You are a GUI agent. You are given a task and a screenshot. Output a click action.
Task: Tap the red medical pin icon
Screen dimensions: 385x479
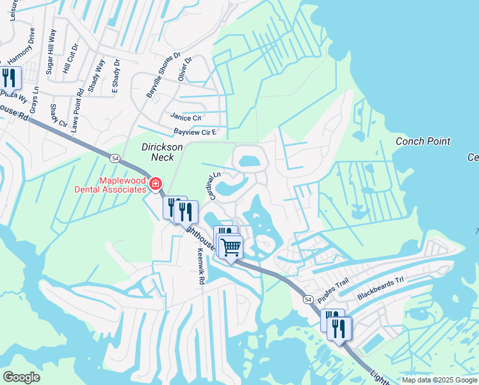tap(155, 185)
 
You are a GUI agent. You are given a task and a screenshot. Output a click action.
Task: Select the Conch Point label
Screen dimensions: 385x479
tap(423, 141)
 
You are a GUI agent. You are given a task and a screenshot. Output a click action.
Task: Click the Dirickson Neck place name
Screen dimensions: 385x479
tap(163, 151)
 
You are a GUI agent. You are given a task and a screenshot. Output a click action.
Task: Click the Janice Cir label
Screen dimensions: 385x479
tap(186, 117)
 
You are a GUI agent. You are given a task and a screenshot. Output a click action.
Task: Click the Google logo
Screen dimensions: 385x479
tap(21, 377)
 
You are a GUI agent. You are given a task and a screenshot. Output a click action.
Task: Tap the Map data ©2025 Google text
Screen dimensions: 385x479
tap(439, 380)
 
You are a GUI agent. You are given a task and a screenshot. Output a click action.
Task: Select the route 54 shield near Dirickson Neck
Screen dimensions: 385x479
tap(114, 158)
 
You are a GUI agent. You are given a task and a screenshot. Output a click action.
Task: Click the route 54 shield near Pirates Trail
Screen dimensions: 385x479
tap(308, 300)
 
